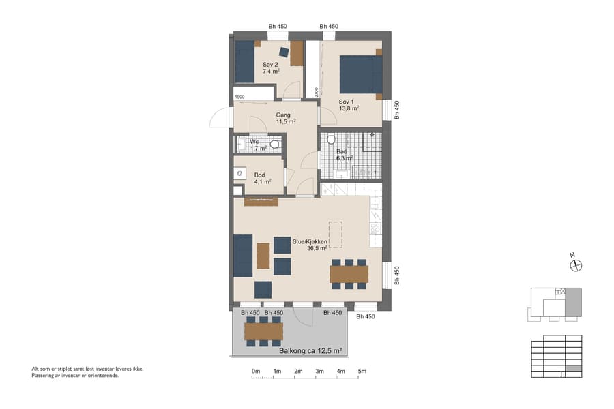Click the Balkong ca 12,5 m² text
click(x=310, y=351)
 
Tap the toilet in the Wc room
click(x=274, y=144)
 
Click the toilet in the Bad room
click(x=331, y=140)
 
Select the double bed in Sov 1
click(x=360, y=74)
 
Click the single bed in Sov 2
click(x=245, y=61)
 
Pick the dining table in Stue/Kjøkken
click(x=349, y=273)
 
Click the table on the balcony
click(x=263, y=331)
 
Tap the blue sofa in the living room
click(x=242, y=256)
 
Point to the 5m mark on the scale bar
click(x=362, y=372)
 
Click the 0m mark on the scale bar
click(x=256, y=372)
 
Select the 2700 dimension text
click(x=316, y=93)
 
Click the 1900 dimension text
click(x=239, y=97)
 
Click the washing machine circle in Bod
click(x=239, y=174)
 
